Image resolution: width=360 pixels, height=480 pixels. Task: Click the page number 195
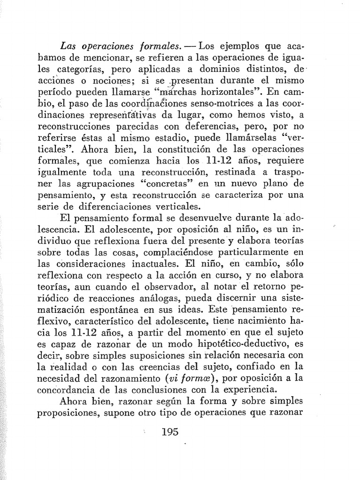click(x=169, y=432)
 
